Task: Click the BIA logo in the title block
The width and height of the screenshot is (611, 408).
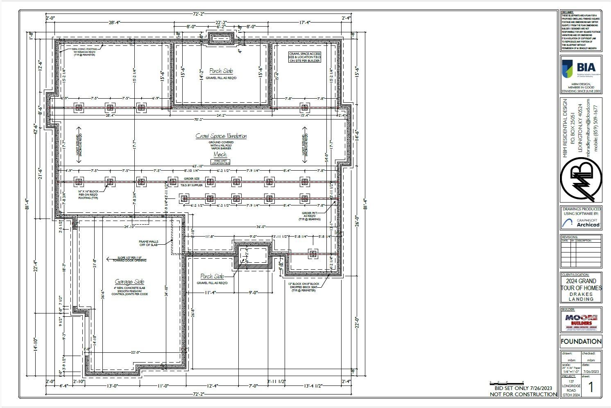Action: point(581,69)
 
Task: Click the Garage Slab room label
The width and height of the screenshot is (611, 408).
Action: point(129,282)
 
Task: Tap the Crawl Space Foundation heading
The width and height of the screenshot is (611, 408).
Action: point(221,136)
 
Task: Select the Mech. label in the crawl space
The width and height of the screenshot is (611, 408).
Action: point(220,154)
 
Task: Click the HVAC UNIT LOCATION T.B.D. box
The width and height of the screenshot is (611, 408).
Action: point(220,162)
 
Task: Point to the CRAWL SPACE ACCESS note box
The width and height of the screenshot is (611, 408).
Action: point(304,57)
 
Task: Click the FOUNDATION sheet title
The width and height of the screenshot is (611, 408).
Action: point(581,341)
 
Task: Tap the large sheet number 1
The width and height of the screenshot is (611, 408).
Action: point(591,387)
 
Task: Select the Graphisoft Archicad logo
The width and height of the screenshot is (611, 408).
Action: point(581,223)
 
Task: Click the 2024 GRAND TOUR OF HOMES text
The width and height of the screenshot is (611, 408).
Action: point(581,284)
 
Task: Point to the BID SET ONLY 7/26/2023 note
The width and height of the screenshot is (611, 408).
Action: point(523,388)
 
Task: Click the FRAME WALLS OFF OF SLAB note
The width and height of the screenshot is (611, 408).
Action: point(148,243)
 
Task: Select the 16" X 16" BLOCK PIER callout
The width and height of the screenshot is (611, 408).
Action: point(88,194)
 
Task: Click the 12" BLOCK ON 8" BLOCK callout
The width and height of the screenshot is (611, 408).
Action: point(303,287)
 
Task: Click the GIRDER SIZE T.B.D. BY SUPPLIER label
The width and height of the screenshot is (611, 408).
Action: point(191,182)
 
